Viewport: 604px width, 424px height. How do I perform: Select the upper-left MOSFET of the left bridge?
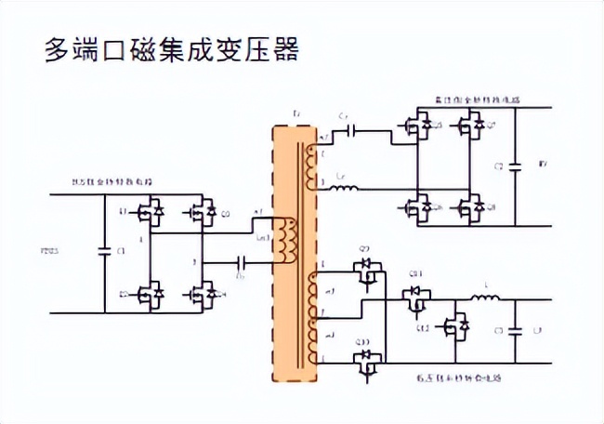pos(150,212)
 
